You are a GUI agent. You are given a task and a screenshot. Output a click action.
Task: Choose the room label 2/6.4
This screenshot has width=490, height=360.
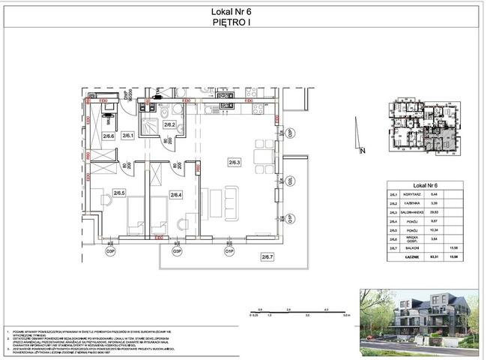coord(176,195)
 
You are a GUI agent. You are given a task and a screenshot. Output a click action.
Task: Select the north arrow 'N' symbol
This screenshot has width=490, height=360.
coord(361,151)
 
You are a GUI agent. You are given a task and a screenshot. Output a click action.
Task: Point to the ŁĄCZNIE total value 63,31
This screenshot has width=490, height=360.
coord(433,258)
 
